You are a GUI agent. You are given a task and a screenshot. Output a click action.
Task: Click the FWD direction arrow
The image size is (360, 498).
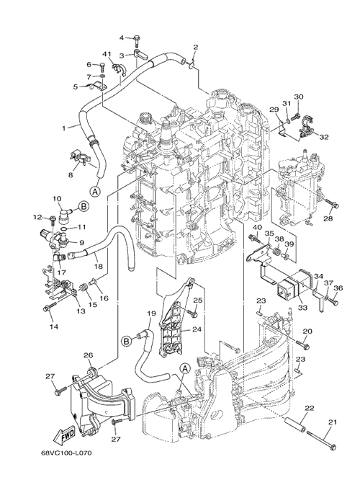click(64, 436)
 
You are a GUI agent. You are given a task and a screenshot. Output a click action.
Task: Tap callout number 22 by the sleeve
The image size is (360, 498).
click(310, 408)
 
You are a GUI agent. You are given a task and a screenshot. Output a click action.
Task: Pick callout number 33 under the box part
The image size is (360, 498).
click(303, 308)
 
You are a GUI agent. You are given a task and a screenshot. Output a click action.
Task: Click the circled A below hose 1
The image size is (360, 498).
click(95, 192)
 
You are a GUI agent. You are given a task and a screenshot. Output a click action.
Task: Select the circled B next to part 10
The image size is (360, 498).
click(83, 206)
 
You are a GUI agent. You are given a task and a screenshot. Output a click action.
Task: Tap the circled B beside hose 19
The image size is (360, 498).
click(126, 341)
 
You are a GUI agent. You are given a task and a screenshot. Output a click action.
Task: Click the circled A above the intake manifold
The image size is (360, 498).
click(185, 369)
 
